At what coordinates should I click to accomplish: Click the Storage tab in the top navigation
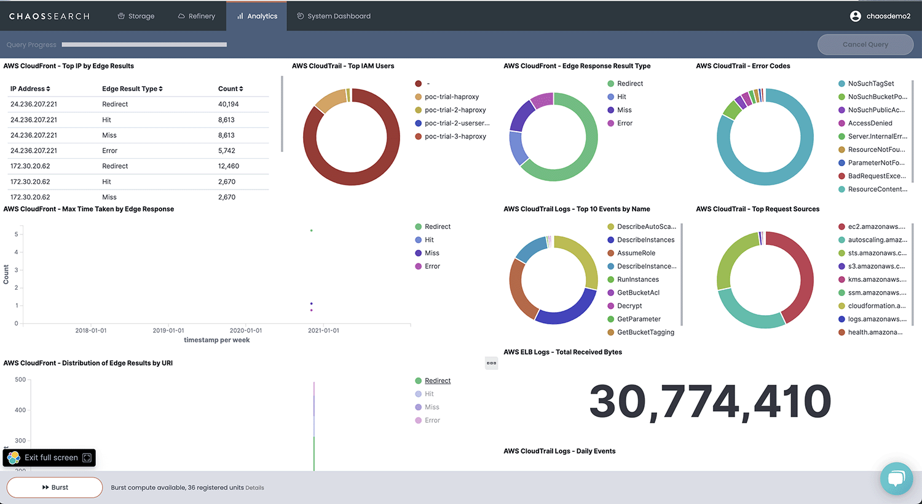136,16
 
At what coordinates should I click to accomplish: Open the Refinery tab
197,16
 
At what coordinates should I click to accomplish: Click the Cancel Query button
865,44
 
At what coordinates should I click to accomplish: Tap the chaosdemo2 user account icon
855,16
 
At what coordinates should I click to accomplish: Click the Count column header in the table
230,89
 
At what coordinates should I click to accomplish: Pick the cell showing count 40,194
229,104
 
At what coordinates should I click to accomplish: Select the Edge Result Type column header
132,89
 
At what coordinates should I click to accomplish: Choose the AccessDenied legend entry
870,123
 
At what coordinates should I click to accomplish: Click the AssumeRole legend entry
636,253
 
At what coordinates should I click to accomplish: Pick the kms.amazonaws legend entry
876,279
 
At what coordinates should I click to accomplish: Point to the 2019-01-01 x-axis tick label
168,330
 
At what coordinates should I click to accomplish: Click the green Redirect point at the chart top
312,230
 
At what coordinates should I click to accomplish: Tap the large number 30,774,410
710,402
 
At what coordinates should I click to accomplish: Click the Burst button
55,487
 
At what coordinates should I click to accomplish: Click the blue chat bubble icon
896,478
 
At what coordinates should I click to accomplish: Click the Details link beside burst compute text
254,488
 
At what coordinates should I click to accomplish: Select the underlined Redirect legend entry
437,381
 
